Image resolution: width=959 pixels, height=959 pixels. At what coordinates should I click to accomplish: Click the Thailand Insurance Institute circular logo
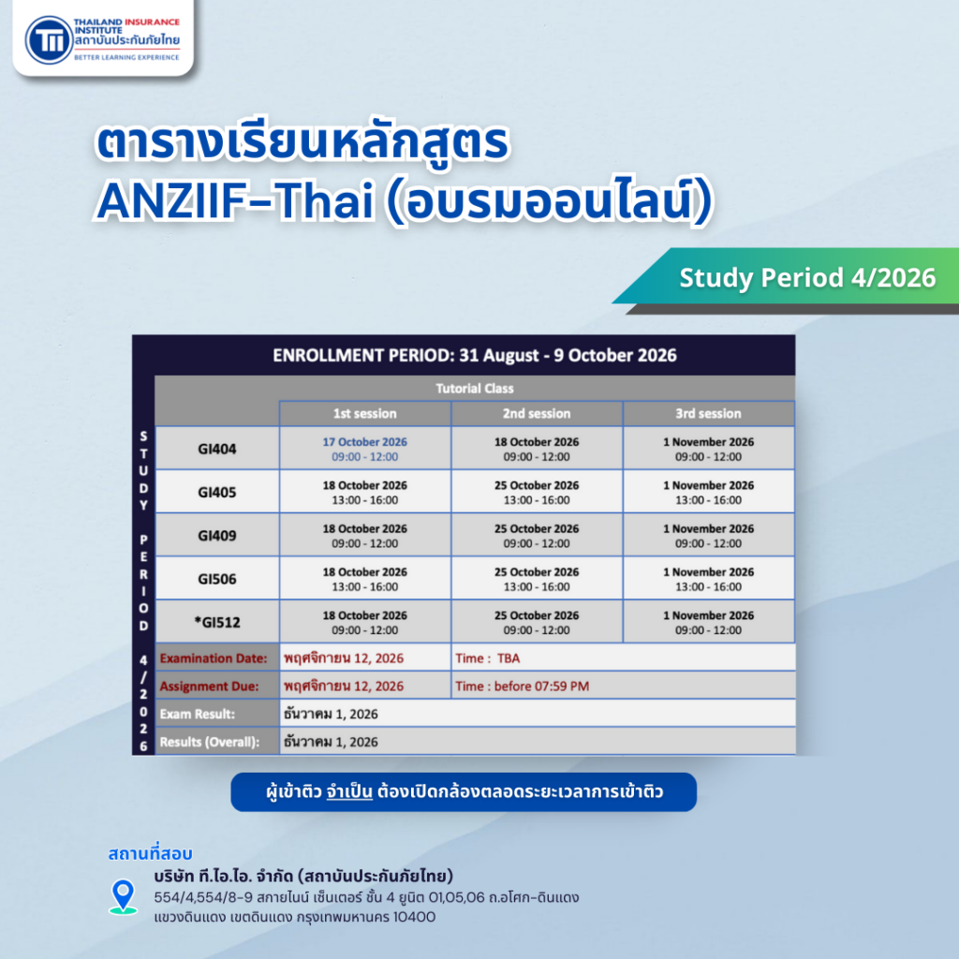[x=48, y=40]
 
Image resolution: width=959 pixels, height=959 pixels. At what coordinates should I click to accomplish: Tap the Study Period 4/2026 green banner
[x=806, y=277]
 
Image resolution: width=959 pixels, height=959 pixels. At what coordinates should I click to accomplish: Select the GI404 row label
[x=217, y=450]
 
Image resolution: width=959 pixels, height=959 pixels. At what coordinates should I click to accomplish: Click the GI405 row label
[x=217, y=493]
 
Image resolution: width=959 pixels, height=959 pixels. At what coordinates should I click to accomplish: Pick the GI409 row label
[x=217, y=536]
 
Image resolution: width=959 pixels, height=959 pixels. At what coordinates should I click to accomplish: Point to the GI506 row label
[x=217, y=579]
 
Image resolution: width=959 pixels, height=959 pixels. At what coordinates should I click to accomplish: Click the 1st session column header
[x=365, y=413]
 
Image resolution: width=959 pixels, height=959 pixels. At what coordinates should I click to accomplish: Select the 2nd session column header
[x=537, y=413]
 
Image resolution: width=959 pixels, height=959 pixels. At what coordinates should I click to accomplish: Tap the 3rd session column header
[x=708, y=413]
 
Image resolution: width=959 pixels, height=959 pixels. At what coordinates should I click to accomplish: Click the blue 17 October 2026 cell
[x=365, y=449]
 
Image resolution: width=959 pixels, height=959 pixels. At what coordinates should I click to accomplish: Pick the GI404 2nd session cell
[x=537, y=449]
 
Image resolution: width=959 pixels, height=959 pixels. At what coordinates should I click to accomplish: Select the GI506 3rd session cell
[x=708, y=579]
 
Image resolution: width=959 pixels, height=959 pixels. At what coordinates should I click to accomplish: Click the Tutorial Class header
[x=475, y=388]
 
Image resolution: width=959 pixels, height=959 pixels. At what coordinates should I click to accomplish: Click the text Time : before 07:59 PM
[x=522, y=686]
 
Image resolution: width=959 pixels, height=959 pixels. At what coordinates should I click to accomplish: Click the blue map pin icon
[x=123, y=896]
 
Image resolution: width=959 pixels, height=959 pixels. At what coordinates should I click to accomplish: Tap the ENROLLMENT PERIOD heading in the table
[x=474, y=355]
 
